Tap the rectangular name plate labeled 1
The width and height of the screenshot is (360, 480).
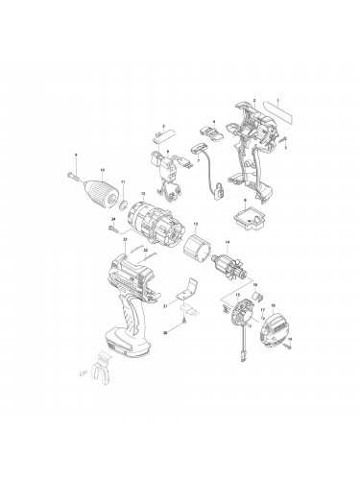click(286, 111)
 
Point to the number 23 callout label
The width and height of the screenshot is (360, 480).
click(125, 238)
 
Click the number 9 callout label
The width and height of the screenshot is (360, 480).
click(76, 155)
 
